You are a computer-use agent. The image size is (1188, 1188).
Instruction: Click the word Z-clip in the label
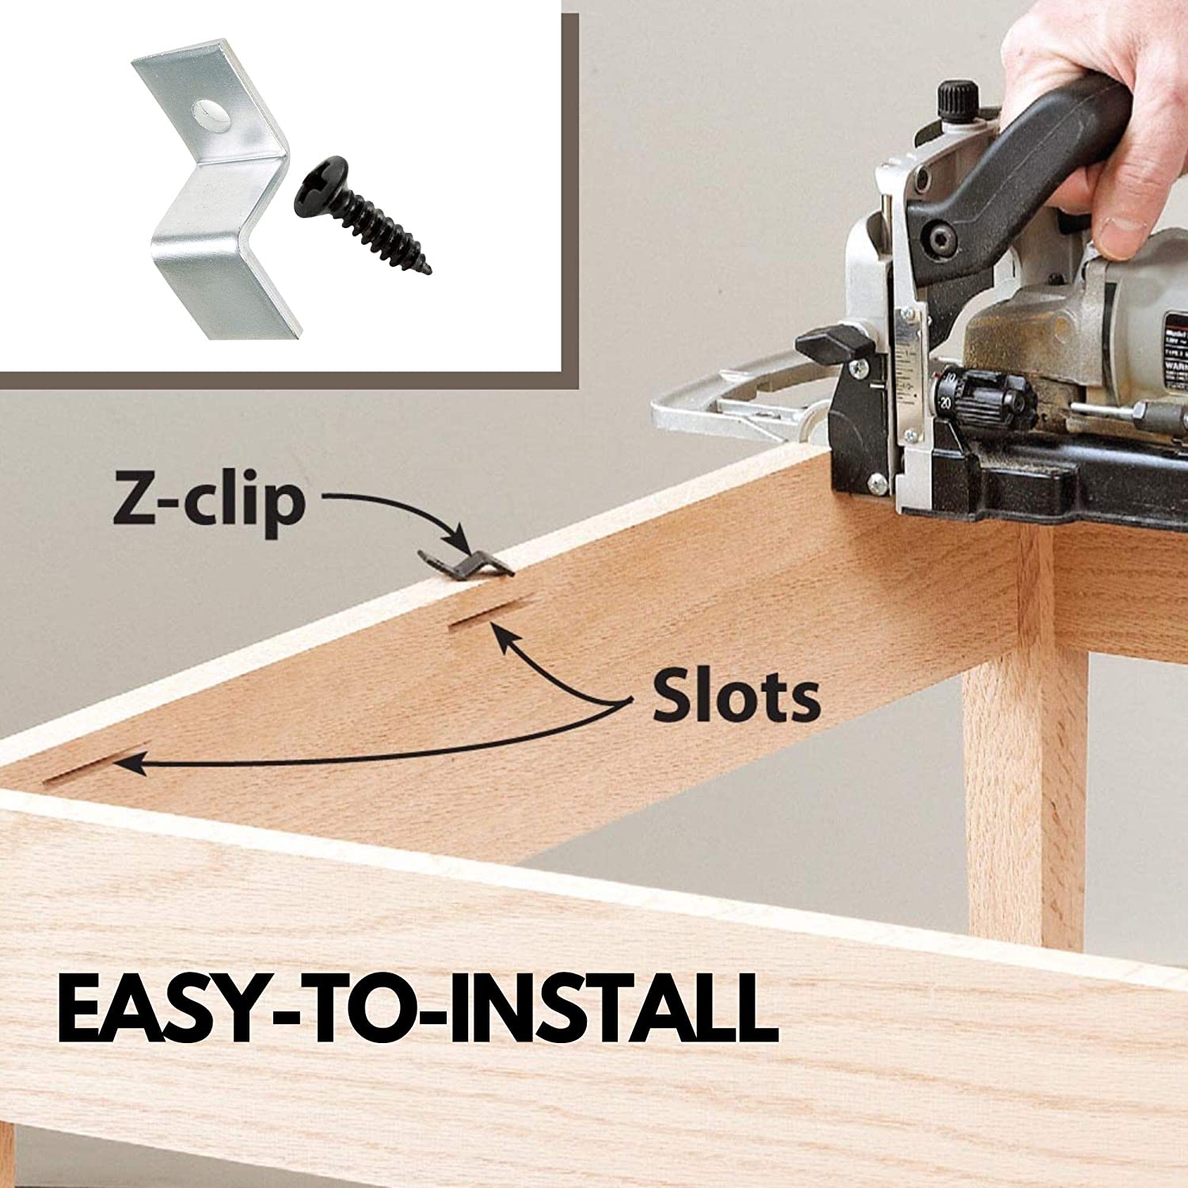pos(208,501)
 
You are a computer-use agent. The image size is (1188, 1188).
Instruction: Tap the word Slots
pos(736,697)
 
